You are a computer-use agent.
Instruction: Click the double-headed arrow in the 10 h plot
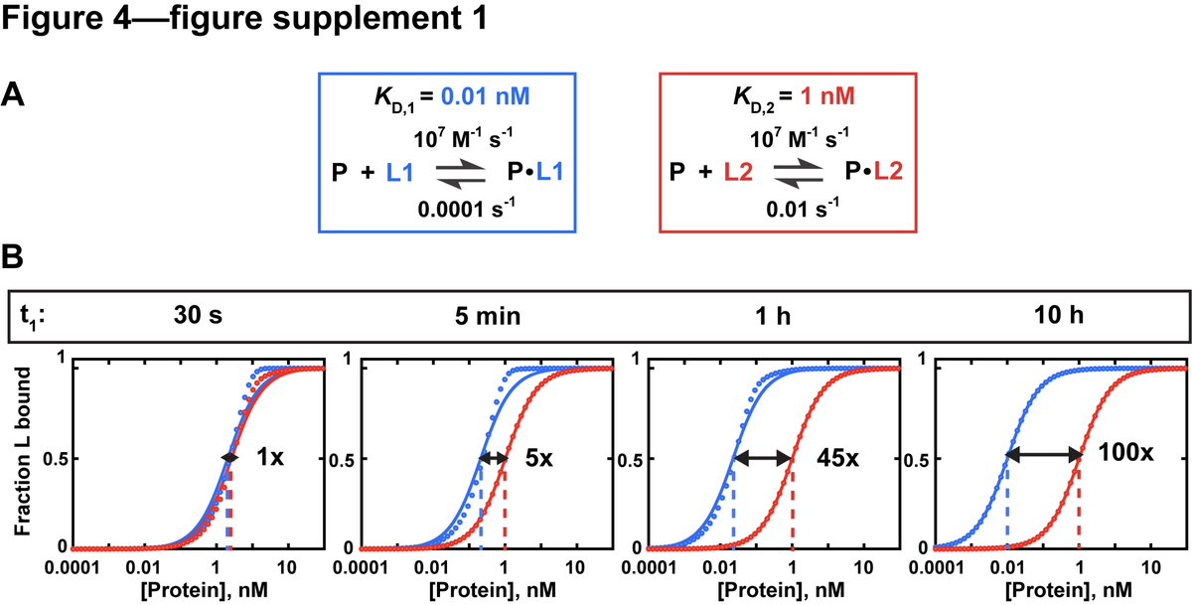pyautogui.click(x=1044, y=456)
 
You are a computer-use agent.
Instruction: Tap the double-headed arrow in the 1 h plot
pyautogui.click(x=763, y=457)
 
